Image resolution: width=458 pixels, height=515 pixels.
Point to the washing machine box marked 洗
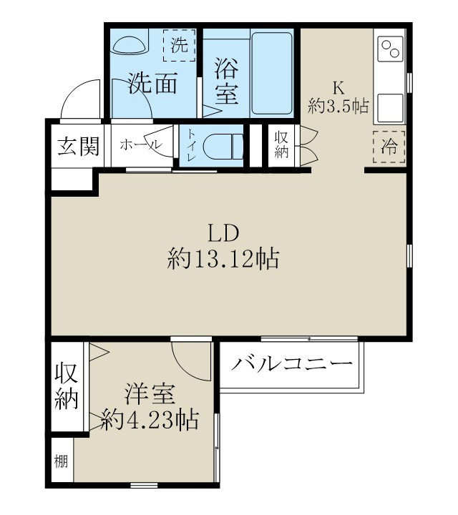[x=179, y=46]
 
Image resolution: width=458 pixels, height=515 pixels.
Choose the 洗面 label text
[x=152, y=84]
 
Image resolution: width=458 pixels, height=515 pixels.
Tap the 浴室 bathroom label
[x=226, y=82]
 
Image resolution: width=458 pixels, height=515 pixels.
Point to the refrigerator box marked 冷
[x=389, y=147]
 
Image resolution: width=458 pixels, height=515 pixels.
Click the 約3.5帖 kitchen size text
[x=338, y=107]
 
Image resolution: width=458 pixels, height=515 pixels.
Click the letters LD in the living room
[x=223, y=232]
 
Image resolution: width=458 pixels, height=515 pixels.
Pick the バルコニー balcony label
[x=292, y=363]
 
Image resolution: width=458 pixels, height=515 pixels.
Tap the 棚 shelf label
[x=62, y=461]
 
